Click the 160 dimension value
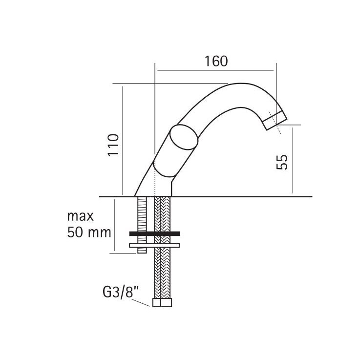point(216,61)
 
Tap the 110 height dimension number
point(114,145)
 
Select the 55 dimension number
point(282,162)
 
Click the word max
point(81,216)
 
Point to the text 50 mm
point(89,233)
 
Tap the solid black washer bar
point(154,233)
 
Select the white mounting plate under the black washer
point(154,245)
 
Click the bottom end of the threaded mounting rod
point(142,253)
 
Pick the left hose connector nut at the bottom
point(157,302)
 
